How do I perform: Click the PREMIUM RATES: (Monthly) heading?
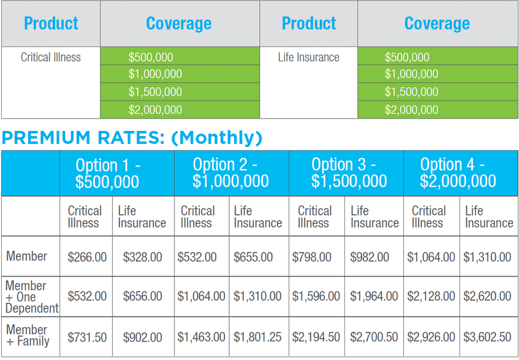tap(132, 137)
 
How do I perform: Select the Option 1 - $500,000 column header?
tap(108, 173)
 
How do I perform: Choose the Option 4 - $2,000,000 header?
tap(458, 173)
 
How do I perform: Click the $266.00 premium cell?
tap(87, 257)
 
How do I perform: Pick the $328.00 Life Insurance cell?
tap(142, 257)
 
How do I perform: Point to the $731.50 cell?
tap(87, 338)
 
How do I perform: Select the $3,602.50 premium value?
tap(487, 338)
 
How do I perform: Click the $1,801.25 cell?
tap(257, 338)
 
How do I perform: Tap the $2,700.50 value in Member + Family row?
tap(374, 338)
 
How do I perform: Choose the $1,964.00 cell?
tap(374, 297)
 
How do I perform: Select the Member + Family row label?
tap(28, 335)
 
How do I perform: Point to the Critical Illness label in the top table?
tap(51, 58)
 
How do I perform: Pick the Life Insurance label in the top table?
tap(309, 58)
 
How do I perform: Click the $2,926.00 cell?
tap(431, 338)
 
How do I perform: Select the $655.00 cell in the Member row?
tap(253, 257)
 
